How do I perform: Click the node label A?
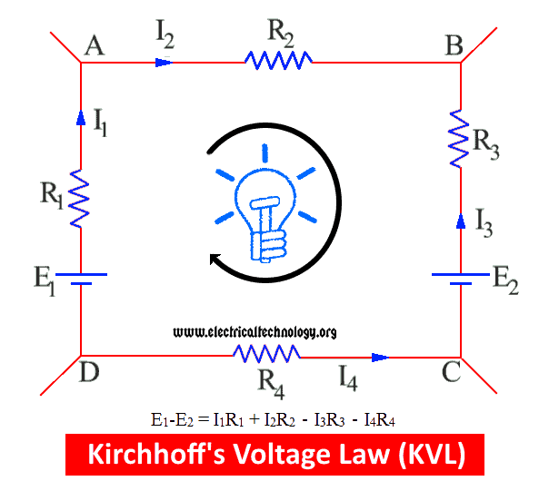[x=93, y=46]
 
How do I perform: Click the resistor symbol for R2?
[x=278, y=61]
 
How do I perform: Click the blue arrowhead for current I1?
[x=81, y=116]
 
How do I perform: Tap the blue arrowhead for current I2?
[x=164, y=62]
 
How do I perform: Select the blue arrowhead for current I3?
[x=460, y=221]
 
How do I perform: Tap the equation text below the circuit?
[x=273, y=419]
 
